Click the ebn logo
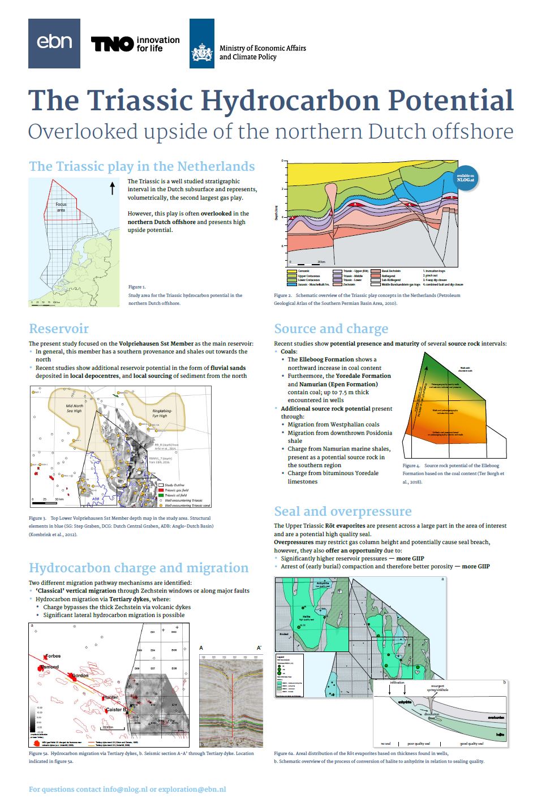coord(54,43)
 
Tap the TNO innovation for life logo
coord(135,44)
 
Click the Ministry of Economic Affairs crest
coord(202,44)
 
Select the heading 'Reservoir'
coord(59,329)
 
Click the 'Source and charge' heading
coord(331,329)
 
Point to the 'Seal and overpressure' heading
coord(342,511)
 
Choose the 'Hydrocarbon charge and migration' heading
coord(139,568)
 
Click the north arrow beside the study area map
coord(112,188)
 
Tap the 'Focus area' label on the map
coord(61,207)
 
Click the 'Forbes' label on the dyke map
coord(53,656)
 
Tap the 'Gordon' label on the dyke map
coord(80,676)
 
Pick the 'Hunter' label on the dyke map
coord(110,697)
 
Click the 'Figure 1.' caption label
coord(137,287)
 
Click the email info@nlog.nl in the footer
coord(125,789)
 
